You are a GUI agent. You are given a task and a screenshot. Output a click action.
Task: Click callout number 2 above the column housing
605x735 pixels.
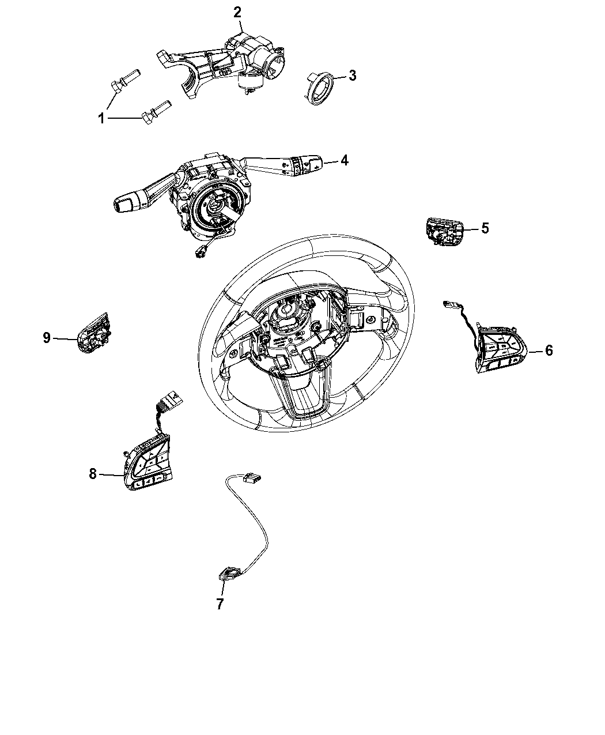click(237, 13)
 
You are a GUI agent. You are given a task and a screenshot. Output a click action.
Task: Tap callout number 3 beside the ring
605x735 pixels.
click(352, 76)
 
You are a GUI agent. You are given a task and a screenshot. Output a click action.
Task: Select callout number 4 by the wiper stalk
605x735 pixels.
click(345, 160)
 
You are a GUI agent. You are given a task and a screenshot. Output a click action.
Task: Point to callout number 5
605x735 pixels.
click(485, 228)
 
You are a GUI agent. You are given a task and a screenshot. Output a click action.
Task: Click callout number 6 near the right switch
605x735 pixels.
click(549, 350)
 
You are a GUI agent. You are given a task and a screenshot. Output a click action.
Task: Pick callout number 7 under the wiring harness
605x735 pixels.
click(220, 604)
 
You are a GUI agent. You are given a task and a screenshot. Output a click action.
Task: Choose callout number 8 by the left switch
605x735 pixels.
click(93, 474)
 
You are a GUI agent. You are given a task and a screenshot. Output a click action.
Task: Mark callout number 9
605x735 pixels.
click(47, 338)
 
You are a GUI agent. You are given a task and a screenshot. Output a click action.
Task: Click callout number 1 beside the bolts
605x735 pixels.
click(101, 119)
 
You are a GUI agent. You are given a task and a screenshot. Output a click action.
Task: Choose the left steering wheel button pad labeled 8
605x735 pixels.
click(147, 462)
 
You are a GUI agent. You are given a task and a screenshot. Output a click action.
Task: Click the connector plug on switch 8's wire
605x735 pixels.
click(169, 399)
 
